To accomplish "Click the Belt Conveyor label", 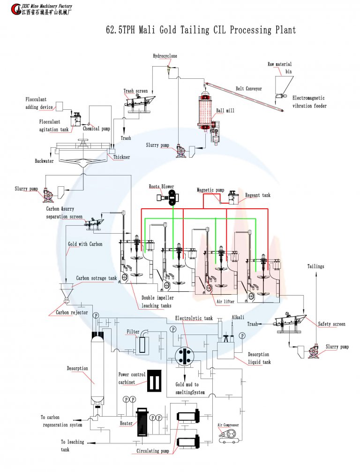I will (248, 88).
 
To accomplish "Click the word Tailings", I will (315, 266).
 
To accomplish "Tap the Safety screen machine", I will (290, 323).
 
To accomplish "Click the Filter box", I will (142, 345).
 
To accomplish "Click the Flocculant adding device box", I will (59, 106).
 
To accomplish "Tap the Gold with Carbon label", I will (85, 244).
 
